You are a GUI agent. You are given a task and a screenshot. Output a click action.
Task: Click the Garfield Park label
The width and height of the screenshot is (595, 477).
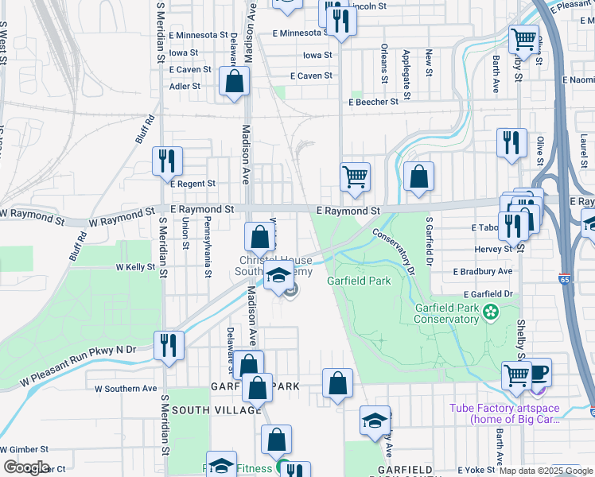(359, 281)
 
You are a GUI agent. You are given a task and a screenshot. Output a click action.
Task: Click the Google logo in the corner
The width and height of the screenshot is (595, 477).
(26, 467)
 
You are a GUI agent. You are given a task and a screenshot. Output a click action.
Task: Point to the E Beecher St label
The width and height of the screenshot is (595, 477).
(373, 102)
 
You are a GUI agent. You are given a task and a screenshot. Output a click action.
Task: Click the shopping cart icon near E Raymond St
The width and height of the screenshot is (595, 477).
(355, 176)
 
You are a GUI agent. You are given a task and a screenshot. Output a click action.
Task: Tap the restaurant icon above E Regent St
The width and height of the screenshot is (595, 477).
(168, 160)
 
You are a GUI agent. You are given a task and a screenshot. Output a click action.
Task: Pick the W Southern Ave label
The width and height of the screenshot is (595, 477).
(126, 389)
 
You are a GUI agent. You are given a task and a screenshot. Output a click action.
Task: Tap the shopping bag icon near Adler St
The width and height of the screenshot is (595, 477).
(234, 81)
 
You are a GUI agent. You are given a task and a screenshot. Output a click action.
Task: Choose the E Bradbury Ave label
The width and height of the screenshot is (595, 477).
(483, 271)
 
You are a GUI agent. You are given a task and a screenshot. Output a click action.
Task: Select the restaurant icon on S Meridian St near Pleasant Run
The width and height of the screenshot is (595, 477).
(169, 345)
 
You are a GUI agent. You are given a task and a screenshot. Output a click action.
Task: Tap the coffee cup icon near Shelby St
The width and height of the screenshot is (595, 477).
(538, 372)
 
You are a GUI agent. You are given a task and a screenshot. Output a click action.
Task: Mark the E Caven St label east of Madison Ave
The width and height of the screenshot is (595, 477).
(311, 76)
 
